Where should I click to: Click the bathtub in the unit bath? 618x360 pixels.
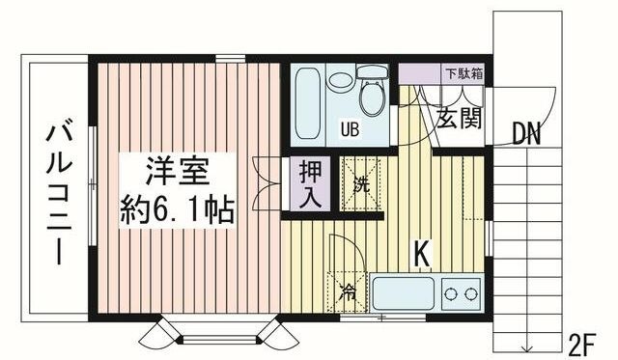point(308,104)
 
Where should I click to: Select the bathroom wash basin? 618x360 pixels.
point(340,80)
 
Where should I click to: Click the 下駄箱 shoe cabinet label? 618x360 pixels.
point(463,73)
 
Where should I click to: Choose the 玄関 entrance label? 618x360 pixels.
point(460,119)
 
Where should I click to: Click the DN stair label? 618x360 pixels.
point(526,132)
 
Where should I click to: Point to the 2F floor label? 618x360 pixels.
point(581,342)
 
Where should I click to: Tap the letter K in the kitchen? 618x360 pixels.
point(421,253)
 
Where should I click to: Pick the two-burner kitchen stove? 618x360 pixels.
point(461,292)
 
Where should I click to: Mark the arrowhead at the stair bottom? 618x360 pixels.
point(527,345)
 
